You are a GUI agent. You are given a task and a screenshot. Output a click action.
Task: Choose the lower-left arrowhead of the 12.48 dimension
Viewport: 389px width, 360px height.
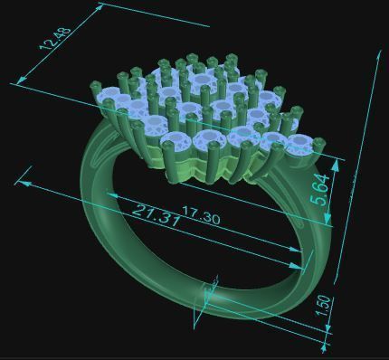coord(18,83)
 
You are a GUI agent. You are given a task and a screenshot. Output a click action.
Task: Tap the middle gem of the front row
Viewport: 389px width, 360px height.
coord(241,137)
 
